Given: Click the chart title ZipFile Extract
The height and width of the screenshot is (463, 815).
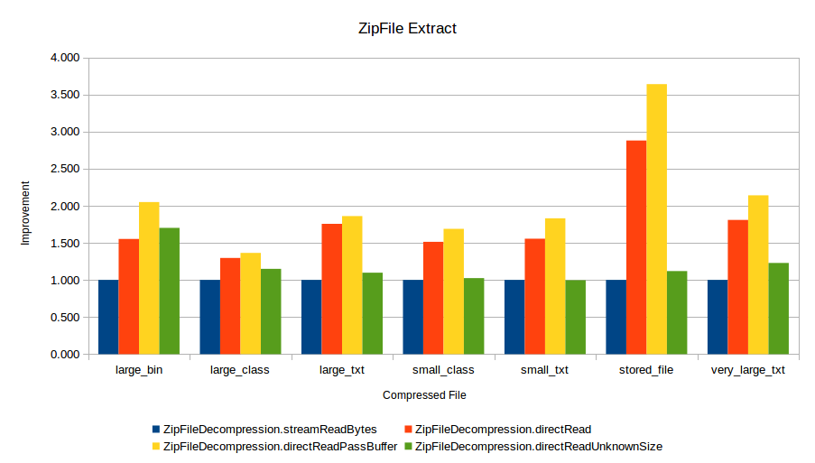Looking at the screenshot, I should pyautogui.click(x=407, y=29).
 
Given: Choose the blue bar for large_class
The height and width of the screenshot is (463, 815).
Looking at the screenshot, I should pyautogui.click(x=209, y=317).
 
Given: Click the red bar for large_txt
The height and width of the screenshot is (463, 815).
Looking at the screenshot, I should pyautogui.click(x=331, y=289).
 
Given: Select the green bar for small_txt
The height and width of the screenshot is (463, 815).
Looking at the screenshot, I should pyautogui.click(x=575, y=317).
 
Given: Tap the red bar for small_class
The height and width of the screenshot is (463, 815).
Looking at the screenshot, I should pyautogui.click(x=433, y=298).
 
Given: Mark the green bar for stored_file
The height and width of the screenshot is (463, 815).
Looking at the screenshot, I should pyautogui.click(x=677, y=312).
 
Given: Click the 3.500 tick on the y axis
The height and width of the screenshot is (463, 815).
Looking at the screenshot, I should pyautogui.click(x=65, y=95).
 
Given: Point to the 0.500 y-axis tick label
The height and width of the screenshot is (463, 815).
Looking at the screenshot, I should pyautogui.click(x=65, y=318).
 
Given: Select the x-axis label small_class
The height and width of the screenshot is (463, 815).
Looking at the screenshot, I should pyautogui.click(x=443, y=370).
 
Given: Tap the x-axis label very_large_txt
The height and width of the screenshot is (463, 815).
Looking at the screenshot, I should pyautogui.click(x=748, y=370).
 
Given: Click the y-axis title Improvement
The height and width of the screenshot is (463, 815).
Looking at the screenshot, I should pyautogui.click(x=25, y=213).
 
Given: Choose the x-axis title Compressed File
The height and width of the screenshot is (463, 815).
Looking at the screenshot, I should pyautogui.click(x=424, y=395).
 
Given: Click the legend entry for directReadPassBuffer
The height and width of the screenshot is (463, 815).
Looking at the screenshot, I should pyautogui.click(x=281, y=447).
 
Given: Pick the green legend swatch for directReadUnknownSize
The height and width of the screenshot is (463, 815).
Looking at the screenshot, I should pyautogui.click(x=407, y=447).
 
